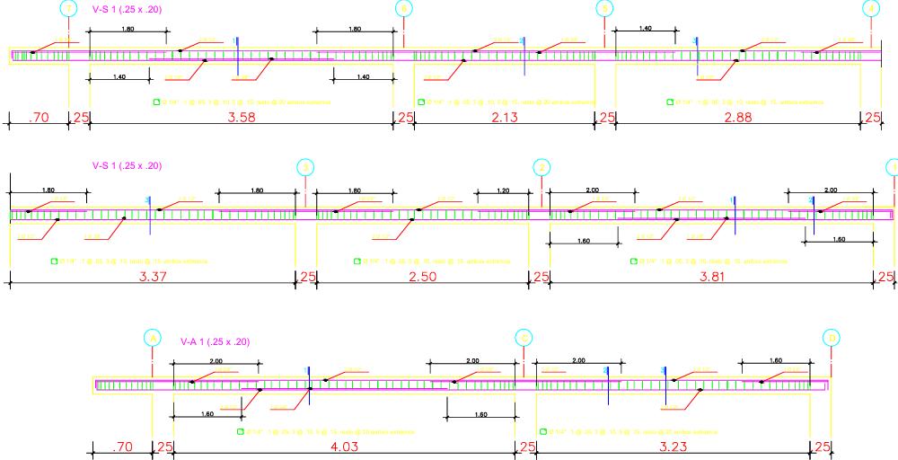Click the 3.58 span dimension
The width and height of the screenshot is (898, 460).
coord(242,118)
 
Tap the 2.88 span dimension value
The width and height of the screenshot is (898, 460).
coord(737,118)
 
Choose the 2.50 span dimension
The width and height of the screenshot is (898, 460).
coord(422,276)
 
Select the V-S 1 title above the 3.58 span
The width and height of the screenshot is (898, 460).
coord(127,9)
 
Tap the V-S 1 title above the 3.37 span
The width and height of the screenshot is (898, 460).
coord(127,166)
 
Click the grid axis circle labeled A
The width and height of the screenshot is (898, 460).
coord(153,337)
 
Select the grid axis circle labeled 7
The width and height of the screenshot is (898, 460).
coord(69,9)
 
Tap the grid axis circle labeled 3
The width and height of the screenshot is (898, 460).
coord(305,167)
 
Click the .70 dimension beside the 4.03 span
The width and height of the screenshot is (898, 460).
coord(123,446)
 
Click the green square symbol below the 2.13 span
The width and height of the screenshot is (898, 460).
coord(418,102)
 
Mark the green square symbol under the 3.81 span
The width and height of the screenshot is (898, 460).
coord(634,261)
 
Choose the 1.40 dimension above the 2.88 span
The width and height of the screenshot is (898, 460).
coord(646,30)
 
